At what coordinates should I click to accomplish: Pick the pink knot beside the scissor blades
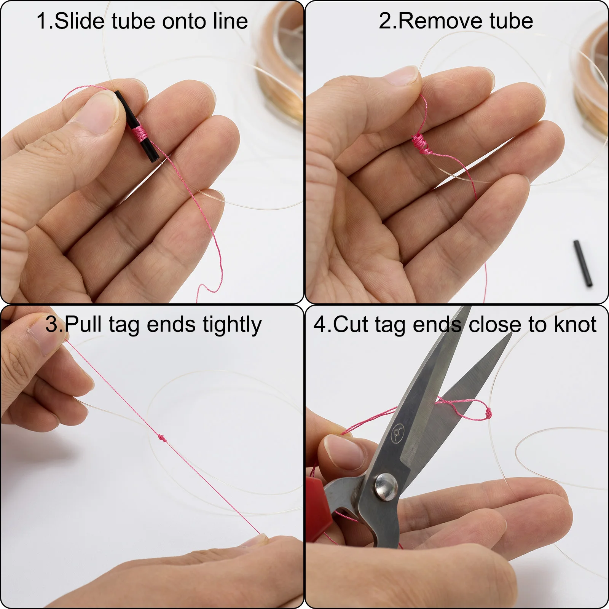coord(488,413)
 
